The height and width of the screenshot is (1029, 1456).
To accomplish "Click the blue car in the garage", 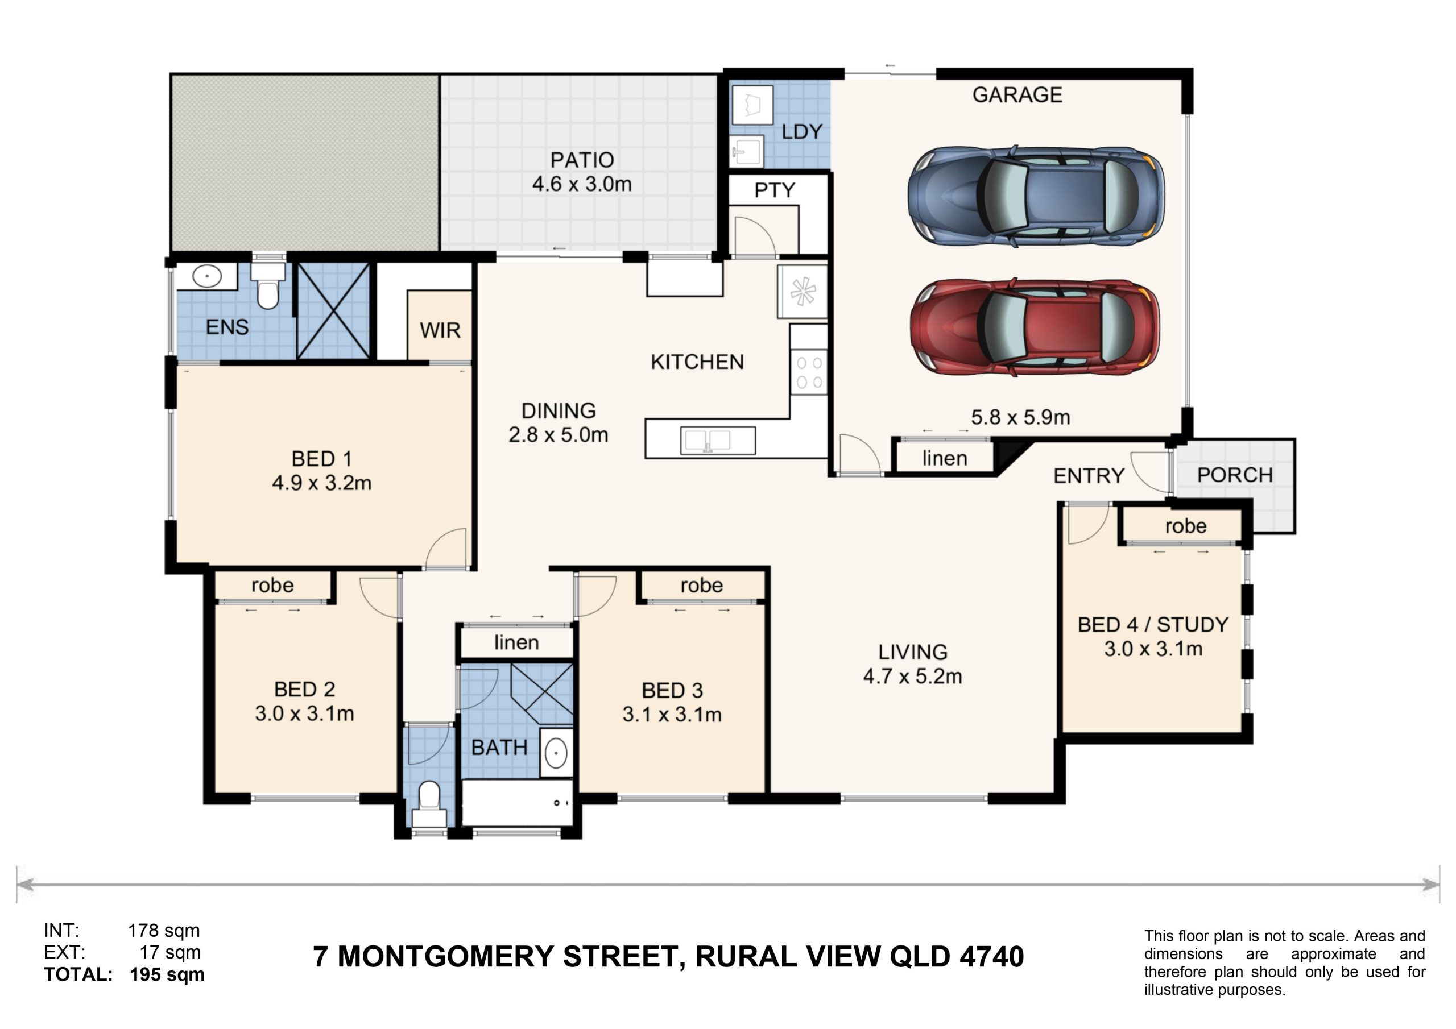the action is (1036, 197).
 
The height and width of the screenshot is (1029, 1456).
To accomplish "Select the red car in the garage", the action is (1035, 327).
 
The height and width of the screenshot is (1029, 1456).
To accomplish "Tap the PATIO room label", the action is (581, 160).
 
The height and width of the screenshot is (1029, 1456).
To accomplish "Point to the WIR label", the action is (440, 330).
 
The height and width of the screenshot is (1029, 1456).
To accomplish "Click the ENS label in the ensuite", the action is (227, 327).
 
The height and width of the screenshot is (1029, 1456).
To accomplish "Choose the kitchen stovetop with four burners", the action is (809, 372).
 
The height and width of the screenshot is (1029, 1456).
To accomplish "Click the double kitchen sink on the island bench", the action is (718, 440).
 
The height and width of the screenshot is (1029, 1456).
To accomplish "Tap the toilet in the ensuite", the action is (268, 286).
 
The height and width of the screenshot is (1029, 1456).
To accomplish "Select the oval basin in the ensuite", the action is (206, 276).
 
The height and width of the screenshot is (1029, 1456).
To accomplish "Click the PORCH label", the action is (1235, 475).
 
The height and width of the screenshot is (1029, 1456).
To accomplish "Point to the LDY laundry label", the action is (802, 132).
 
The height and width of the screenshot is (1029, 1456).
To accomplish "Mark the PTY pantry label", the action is (774, 190).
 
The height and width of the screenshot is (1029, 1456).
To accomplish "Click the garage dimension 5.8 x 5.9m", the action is (1020, 417).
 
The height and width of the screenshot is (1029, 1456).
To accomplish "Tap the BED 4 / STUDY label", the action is (1153, 624).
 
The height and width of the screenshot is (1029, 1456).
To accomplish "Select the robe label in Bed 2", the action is (272, 585).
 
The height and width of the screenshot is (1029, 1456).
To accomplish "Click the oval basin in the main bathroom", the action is (556, 753).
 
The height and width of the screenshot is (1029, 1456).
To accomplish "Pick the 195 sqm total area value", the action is (167, 974).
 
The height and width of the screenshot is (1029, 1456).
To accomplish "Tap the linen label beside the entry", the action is (945, 458).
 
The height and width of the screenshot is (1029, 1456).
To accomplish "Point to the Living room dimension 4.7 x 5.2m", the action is (912, 677).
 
